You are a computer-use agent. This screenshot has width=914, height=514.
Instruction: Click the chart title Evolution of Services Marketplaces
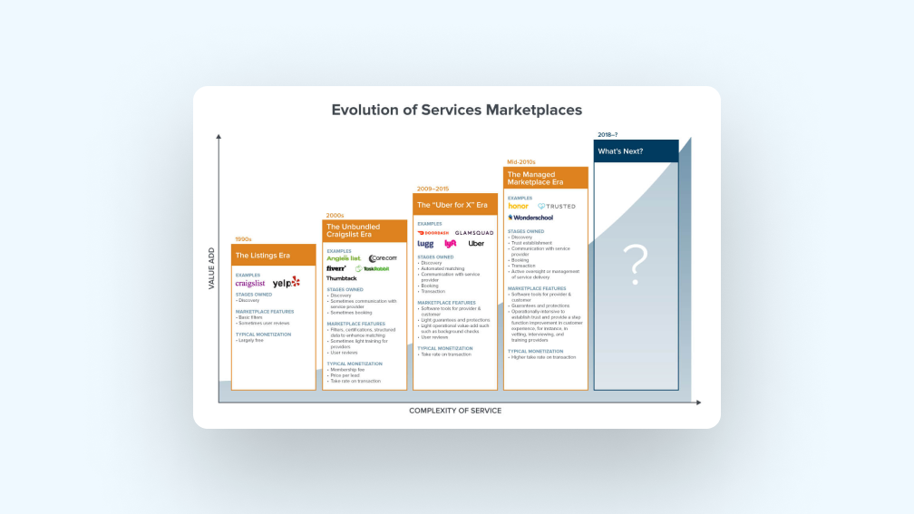[456, 111]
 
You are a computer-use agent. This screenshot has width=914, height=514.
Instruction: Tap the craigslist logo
[250, 284]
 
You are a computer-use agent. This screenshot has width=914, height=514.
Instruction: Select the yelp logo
[287, 283]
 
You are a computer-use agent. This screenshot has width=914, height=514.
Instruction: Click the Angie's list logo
[344, 258]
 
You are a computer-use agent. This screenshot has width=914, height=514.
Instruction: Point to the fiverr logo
[336, 268]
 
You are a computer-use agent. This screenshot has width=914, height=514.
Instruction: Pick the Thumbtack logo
[342, 278]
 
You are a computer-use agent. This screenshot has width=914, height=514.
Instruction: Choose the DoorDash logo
[433, 233]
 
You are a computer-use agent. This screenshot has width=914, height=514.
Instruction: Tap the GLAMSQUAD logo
[474, 233]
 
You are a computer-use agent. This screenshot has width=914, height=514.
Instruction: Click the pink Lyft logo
[451, 244]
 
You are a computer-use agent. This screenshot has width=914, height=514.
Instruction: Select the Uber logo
[476, 244]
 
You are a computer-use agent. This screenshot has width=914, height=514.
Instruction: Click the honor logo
[519, 206]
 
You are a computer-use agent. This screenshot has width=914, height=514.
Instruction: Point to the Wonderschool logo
[530, 218]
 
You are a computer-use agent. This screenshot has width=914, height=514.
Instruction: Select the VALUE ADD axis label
[211, 267]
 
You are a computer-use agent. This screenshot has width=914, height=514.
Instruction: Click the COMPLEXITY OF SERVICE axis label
[454, 411]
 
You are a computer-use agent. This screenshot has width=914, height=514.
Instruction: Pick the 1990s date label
[243, 239]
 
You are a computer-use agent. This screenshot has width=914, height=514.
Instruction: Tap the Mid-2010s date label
[521, 161]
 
